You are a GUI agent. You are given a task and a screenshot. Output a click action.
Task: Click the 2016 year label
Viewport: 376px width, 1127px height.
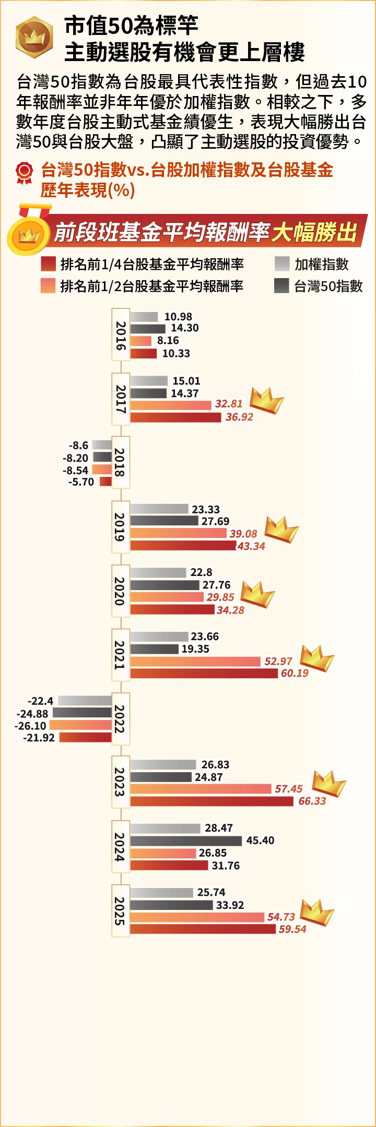[x=121, y=335]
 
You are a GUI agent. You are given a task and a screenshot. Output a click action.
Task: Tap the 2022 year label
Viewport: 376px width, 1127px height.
[x=121, y=718]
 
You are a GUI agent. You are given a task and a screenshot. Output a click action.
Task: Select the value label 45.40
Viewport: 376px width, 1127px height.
[x=260, y=840]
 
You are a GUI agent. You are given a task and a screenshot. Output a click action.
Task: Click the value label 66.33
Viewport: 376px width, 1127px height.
[x=312, y=801]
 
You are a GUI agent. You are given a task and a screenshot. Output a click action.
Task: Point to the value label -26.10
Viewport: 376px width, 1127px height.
[x=30, y=726]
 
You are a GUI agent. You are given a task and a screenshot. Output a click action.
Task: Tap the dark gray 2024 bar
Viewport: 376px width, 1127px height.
[x=186, y=841]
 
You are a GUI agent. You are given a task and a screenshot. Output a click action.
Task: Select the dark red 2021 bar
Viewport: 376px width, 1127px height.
[x=204, y=674]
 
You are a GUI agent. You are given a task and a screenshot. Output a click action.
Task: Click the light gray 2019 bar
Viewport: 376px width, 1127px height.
[x=159, y=509]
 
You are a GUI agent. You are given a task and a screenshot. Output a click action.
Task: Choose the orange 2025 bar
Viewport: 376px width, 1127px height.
[x=197, y=917]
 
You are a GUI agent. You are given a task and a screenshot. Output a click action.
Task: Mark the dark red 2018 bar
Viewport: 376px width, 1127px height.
[x=105, y=482]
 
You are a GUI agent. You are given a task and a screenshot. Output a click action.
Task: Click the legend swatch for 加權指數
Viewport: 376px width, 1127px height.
[x=282, y=264]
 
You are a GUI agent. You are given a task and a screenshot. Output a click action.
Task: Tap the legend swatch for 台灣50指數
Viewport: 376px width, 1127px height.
[x=282, y=286]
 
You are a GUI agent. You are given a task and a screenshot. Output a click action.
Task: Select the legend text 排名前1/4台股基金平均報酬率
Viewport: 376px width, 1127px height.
[x=151, y=265]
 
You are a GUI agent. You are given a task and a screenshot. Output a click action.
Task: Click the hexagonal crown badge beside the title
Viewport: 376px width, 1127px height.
[x=34, y=37]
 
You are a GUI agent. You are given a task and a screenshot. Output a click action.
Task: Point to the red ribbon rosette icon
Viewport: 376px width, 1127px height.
[x=24, y=173]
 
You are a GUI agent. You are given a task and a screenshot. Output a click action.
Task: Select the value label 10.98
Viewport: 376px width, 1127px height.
[x=178, y=317]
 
